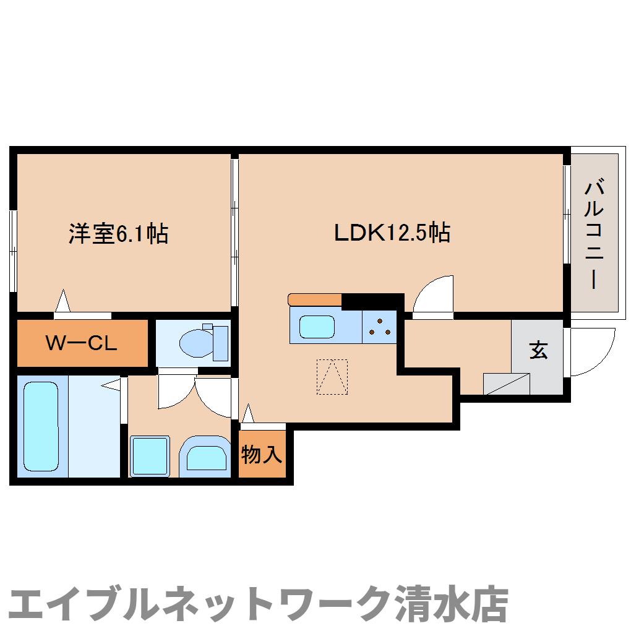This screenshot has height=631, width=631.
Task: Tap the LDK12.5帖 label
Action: pyautogui.click(x=392, y=233)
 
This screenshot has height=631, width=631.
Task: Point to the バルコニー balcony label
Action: pyautogui.click(x=594, y=234)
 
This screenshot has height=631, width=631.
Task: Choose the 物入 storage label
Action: pyautogui.click(x=262, y=455)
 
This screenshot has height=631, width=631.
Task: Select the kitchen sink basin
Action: pyautogui.click(x=317, y=326)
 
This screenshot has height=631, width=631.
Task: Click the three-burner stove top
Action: pyautogui.click(x=379, y=326)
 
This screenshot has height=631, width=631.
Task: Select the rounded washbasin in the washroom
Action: pyautogui.click(x=207, y=458)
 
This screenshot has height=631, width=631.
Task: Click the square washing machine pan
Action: pyautogui.click(x=150, y=456)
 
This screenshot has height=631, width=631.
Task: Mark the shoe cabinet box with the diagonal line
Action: pyautogui.click(x=507, y=384)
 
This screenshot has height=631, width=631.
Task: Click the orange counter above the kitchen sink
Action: pyautogui.click(x=315, y=299)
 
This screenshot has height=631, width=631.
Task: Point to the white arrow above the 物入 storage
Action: pyautogui.click(x=248, y=414)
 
